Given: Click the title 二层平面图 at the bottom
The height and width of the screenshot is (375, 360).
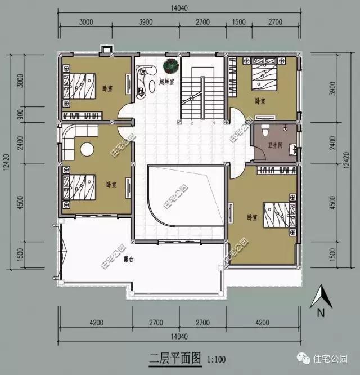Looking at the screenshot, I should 174,359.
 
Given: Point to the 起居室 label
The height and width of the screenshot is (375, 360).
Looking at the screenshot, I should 167,82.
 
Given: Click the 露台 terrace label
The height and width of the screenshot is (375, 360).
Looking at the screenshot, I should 129,260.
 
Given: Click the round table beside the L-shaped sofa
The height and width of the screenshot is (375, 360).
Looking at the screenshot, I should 87,150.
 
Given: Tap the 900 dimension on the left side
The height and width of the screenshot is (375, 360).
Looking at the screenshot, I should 21,114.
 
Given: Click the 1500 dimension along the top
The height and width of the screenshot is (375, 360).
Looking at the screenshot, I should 239,22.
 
